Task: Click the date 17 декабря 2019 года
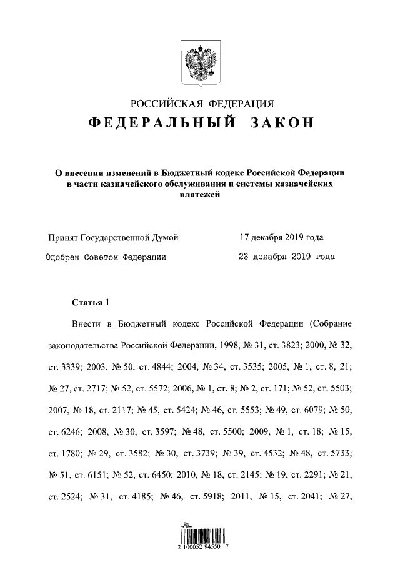coord(282,238)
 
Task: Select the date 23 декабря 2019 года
coord(287,257)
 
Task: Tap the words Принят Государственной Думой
coord(114,238)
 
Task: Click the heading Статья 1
coord(91,303)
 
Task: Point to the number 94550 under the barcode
coord(211,546)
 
